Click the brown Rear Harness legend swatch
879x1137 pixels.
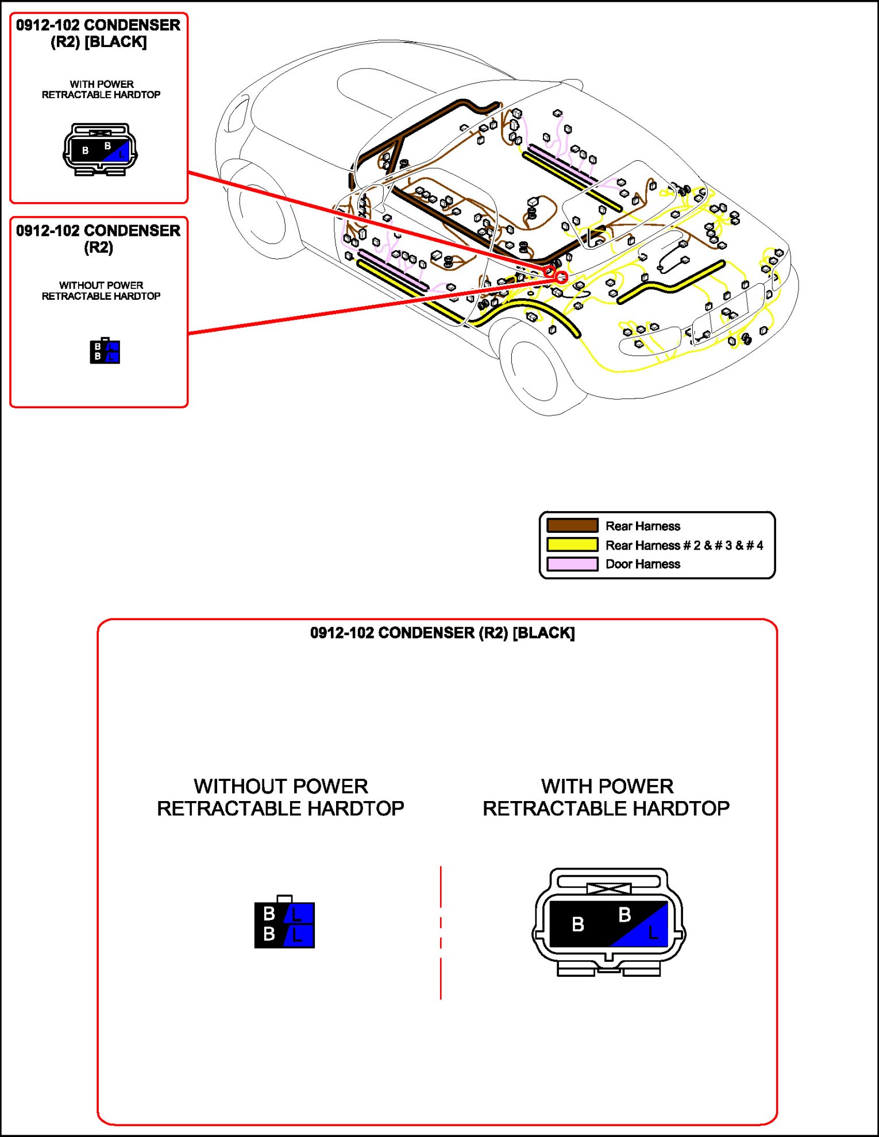click(572, 525)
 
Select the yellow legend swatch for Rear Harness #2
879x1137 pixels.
click(572, 544)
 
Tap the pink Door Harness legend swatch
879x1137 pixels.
click(572, 564)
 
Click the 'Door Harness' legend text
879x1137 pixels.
click(642, 564)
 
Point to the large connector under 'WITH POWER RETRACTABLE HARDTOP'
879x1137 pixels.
click(608, 922)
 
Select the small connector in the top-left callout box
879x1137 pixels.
click(100, 149)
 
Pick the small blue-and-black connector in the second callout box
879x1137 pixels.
click(105, 351)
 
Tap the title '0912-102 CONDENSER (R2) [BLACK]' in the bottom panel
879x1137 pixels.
click(442, 633)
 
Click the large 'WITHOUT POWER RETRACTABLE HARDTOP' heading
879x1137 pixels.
click(280, 797)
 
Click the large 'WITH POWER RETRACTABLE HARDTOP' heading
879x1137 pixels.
click(606, 797)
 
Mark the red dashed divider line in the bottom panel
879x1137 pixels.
click(441, 933)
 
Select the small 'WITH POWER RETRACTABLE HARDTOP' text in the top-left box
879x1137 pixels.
click(101, 90)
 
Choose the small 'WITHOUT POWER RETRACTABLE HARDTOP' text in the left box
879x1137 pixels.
click(101, 291)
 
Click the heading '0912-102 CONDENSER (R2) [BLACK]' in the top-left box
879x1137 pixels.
click(98, 33)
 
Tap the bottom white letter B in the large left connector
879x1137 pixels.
click(268, 934)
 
